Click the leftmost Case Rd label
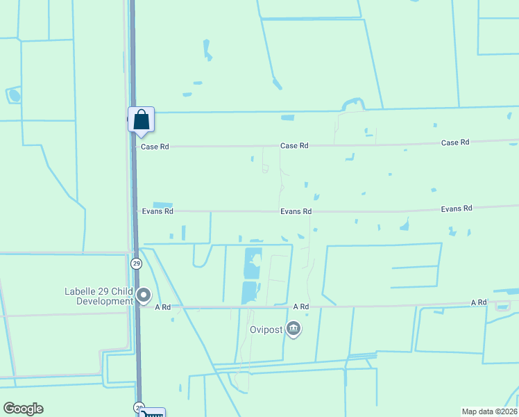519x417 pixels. tap(155, 147)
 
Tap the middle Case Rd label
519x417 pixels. tap(294, 146)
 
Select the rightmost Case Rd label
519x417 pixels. tap(455, 142)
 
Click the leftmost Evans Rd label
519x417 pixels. tap(157, 211)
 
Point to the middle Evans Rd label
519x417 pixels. tap(296, 211)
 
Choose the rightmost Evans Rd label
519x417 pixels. tap(457, 208)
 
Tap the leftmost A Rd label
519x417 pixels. tap(162, 307)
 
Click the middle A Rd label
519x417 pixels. tap(300, 306)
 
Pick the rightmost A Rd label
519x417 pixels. tap(479, 303)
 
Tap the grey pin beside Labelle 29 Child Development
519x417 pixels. tap(144, 295)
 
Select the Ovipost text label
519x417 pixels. tap(266, 329)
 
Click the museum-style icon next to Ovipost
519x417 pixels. tap(293, 328)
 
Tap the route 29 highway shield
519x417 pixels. tap(136, 263)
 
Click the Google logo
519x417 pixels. tap(23, 409)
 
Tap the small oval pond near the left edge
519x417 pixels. tap(14, 95)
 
